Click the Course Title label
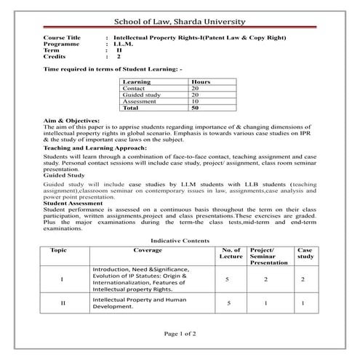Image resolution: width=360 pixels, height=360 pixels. click(x=63, y=37)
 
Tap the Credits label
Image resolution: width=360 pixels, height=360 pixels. click(x=55, y=56)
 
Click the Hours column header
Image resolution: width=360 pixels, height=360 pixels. click(x=200, y=81)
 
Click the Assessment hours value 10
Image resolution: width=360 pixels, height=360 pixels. click(x=195, y=101)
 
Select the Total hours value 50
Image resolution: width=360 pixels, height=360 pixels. click(x=195, y=108)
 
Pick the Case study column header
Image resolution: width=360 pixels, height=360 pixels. click(x=305, y=252)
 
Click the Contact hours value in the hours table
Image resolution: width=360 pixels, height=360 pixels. click(x=195, y=88)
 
